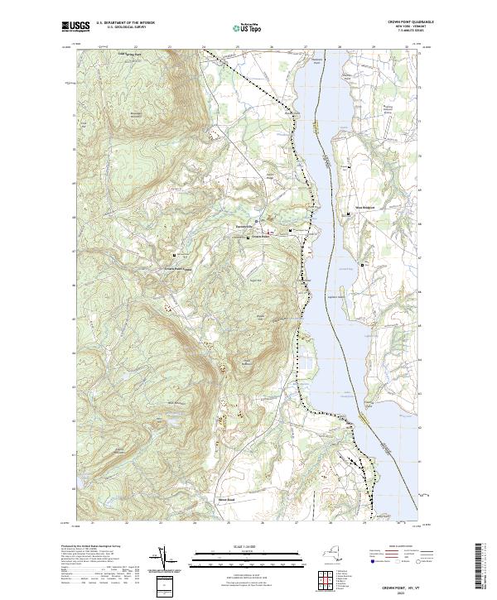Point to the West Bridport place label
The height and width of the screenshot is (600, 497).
pyautogui.click(x=366, y=207)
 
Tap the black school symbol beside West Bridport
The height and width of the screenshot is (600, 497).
pyautogui.click(x=349, y=214)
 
